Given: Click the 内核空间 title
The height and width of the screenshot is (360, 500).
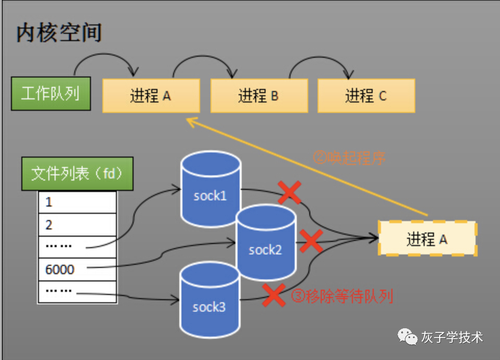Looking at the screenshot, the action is (x=59, y=33).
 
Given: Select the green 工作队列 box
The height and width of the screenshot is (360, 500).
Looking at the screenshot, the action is (x=51, y=94).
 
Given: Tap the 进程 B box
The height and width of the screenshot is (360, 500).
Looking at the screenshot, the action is (x=259, y=96).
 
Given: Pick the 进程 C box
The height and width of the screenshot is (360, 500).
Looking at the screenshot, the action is (x=366, y=96).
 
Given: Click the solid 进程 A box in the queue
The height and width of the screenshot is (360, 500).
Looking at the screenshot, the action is (x=151, y=96).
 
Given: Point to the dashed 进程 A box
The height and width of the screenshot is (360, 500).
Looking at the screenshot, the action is (x=427, y=238).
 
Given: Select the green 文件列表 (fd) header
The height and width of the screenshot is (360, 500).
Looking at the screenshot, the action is (x=77, y=174).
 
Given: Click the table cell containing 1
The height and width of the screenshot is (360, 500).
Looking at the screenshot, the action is (x=77, y=202).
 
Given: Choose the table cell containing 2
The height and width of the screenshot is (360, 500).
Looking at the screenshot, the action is (x=77, y=225).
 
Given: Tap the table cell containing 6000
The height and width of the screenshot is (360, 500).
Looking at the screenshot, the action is (x=77, y=269).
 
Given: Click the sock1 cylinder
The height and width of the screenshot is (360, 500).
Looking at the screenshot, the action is (x=210, y=189).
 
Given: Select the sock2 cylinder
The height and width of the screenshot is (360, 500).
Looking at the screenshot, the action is (x=266, y=242).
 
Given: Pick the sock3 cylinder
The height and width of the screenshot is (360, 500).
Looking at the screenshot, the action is (x=209, y=300).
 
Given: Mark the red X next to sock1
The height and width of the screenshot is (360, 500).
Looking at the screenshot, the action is (x=290, y=192).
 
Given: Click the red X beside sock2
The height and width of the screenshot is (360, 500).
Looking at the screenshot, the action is (x=311, y=241).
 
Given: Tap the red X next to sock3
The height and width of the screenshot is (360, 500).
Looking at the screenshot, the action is (x=273, y=295).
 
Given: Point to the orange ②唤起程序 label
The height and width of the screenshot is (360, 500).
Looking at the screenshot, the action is (x=349, y=158).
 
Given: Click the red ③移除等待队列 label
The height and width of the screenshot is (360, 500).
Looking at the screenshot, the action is (x=342, y=296).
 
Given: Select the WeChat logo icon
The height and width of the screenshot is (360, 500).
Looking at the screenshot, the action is (x=407, y=337).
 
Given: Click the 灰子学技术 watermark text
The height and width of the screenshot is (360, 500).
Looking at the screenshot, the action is (x=452, y=337).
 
